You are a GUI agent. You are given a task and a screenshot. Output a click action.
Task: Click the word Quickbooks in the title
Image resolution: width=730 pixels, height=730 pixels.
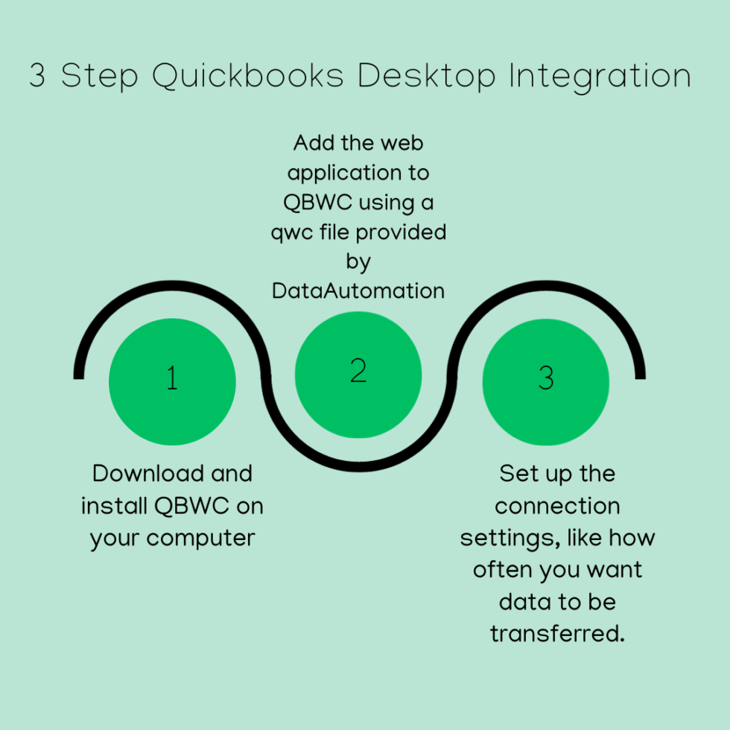[248, 77]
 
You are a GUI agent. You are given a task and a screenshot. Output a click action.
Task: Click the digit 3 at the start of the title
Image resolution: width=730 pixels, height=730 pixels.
[38, 77]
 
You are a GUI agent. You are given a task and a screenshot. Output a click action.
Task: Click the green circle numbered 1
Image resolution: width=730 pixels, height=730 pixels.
[172, 382]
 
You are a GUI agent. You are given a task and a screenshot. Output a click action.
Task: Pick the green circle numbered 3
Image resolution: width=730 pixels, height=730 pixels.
[546, 382]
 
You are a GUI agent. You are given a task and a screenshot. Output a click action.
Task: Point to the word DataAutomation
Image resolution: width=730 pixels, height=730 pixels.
[358, 291]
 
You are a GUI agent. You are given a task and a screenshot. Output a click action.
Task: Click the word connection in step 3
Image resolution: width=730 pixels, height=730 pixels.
[557, 507]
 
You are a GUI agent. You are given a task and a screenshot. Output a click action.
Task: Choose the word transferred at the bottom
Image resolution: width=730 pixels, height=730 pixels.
[557, 633]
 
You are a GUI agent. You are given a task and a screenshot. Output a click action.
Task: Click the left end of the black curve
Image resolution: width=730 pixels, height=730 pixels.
[79, 372]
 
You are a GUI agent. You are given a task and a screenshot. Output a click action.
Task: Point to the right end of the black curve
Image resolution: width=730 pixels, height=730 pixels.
[640, 372]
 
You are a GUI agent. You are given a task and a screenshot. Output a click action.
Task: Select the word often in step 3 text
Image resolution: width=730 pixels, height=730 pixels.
[500, 570]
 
